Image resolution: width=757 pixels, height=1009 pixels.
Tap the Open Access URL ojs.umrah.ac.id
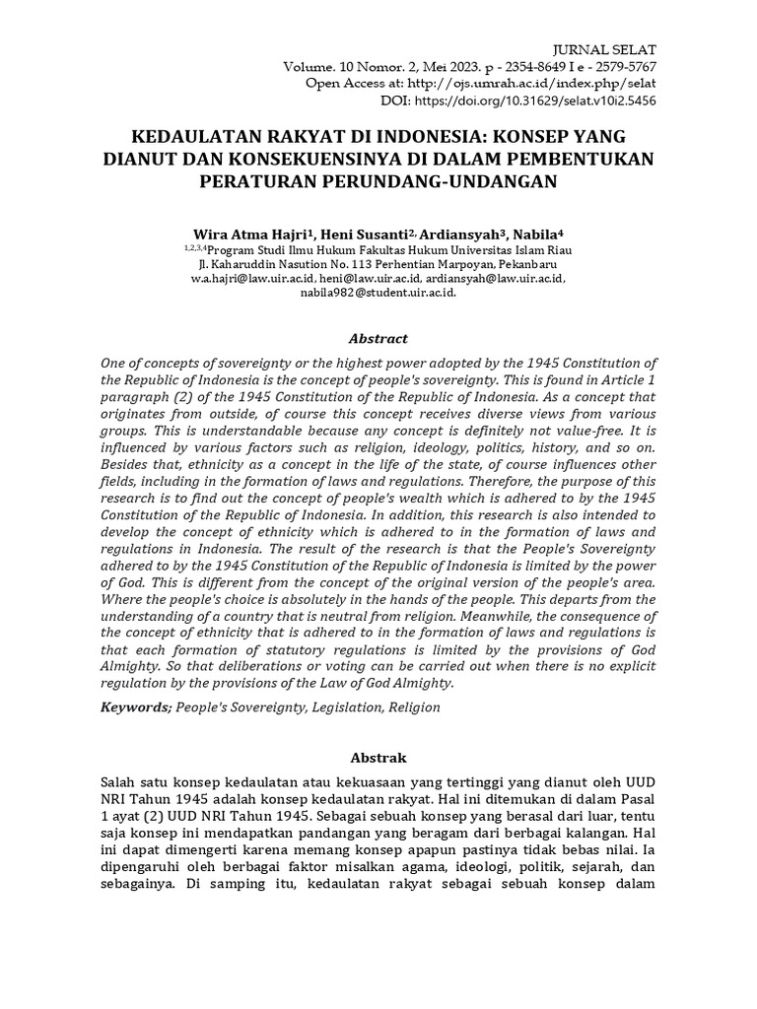click(527, 84)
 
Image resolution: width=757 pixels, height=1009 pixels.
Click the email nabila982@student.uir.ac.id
click(378, 293)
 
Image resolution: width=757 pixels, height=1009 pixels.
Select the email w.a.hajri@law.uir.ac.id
click(243, 279)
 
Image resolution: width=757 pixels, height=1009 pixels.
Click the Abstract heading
click(378, 337)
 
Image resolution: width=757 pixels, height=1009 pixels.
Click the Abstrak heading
click(378, 759)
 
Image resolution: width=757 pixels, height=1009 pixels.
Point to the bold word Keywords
click(136, 706)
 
